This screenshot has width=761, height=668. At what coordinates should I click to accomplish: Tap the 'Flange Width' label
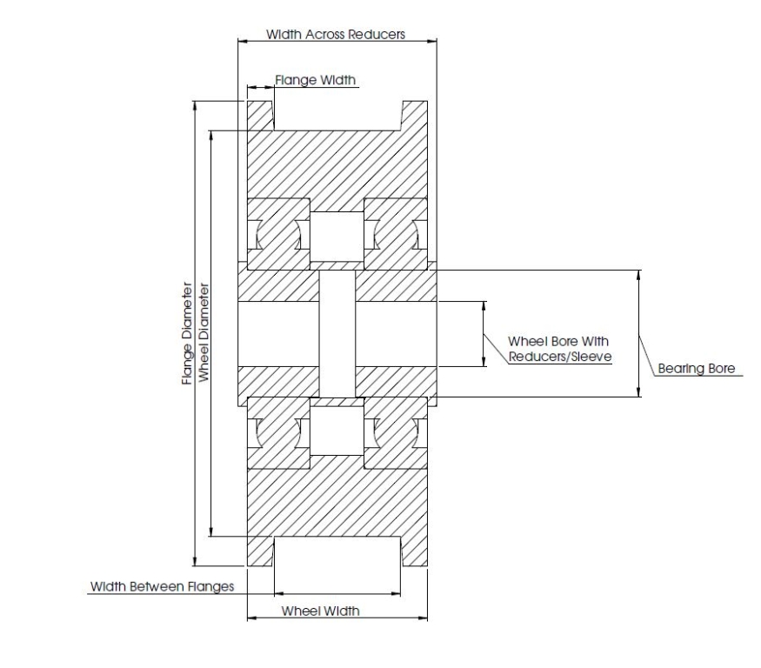[316, 80]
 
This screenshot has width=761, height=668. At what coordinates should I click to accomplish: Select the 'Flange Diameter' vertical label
[186, 333]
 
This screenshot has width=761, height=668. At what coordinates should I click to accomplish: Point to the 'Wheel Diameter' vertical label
[203, 333]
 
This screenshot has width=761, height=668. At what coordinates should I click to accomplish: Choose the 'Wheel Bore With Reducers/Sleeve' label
[560, 348]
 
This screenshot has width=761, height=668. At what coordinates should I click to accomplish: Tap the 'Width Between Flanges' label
[163, 586]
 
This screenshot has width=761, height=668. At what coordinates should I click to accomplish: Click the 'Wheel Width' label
[320, 611]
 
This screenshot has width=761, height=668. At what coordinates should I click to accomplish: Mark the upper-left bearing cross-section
[278, 233]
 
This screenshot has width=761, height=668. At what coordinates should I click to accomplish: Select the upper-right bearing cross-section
[395, 233]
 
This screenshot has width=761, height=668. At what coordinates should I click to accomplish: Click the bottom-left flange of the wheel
[260, 551]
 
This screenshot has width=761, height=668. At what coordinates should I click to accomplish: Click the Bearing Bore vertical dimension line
[639, 333]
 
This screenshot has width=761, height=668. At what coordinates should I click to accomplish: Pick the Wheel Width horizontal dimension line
[337, 619]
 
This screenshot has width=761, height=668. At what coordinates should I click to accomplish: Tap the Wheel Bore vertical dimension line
[484, 333]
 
